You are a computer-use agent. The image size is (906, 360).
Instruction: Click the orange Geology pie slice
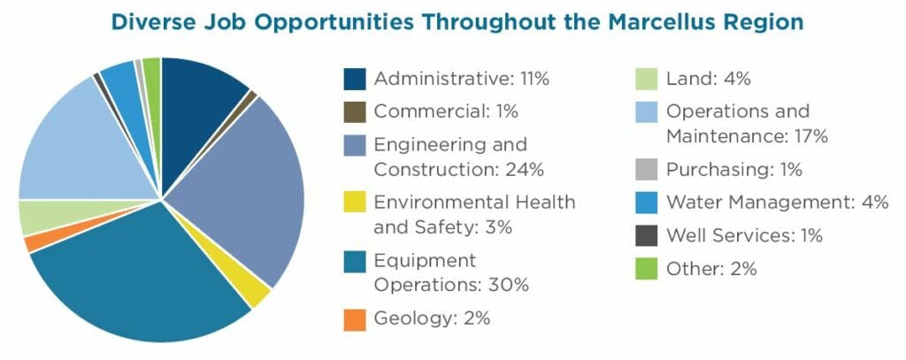pyautogui.click(x=35, y=241)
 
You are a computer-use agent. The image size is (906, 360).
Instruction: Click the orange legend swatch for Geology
pyautogui.click(x=355, y=318)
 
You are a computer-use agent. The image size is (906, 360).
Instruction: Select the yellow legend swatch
pyautogui.click(x=355, y=203)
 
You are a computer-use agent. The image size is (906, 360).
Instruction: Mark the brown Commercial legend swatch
pyautogui.click(x=355, y=112)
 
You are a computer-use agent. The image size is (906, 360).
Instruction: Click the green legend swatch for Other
pyautogui.click(x=647, y=269)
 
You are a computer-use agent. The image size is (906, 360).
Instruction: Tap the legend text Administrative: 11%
pyautogui.click(x=461, y=79)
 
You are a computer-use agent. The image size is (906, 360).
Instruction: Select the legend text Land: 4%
pyautogui.click(x=707, y=79)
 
